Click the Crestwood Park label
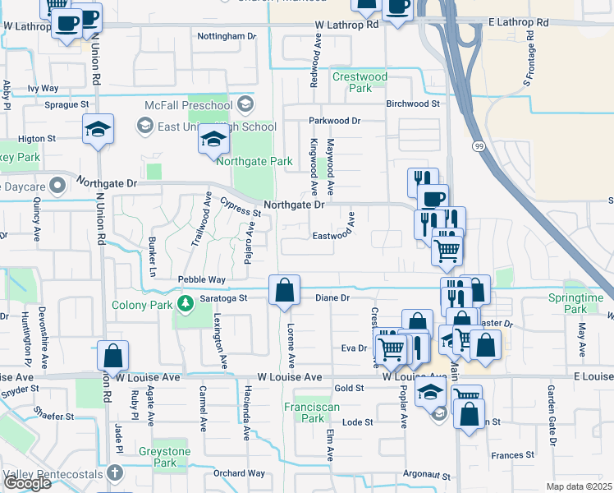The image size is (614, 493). [x=360, y=82]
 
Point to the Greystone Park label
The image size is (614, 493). [x=176, y=457]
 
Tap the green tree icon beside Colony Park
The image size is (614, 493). [x=184, y=305]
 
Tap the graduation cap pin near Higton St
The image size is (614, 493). [x=98, y=129]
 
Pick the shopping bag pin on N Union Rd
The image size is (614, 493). [x=113, y=356]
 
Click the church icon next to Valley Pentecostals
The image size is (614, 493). [x=115, y=473]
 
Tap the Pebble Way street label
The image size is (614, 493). [x=201, y=280]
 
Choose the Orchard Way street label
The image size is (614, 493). [x=239, y=473]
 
